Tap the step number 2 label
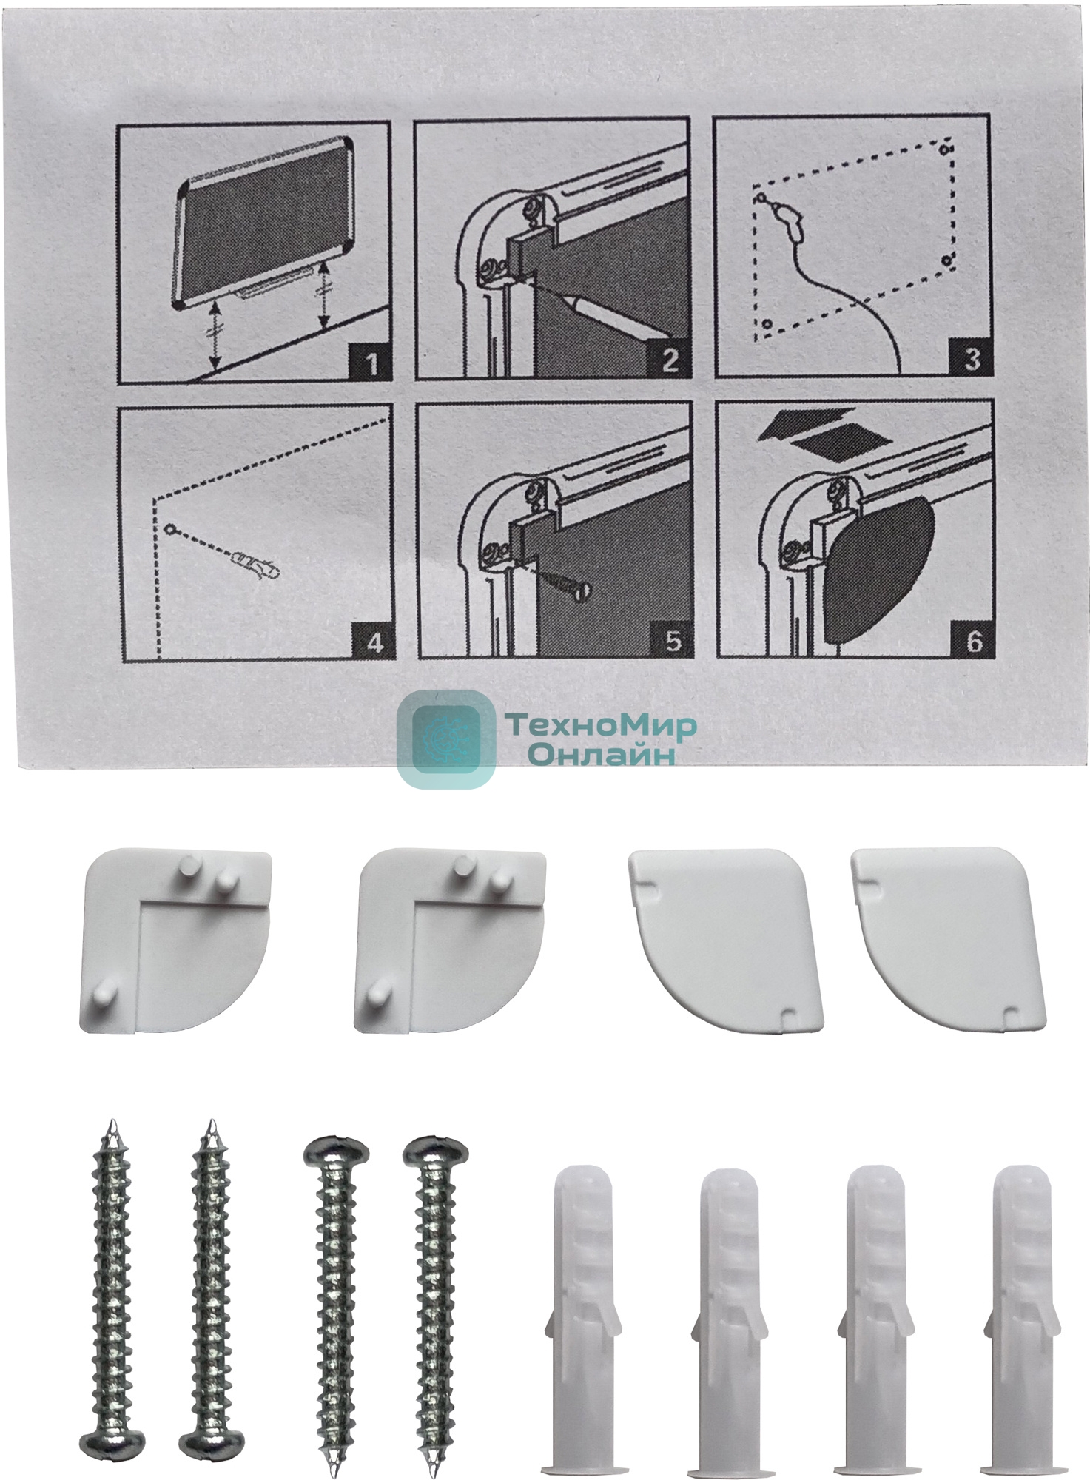(x=669, y=360)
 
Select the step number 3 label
(x=972, y=359)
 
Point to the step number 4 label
(x=374, y=642)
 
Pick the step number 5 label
(x=672, y=641)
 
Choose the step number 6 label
(x=975, y=641)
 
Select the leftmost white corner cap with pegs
(x=174, y=940)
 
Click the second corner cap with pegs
(x=449, y=940)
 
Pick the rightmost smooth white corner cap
(x=951, y=938)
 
